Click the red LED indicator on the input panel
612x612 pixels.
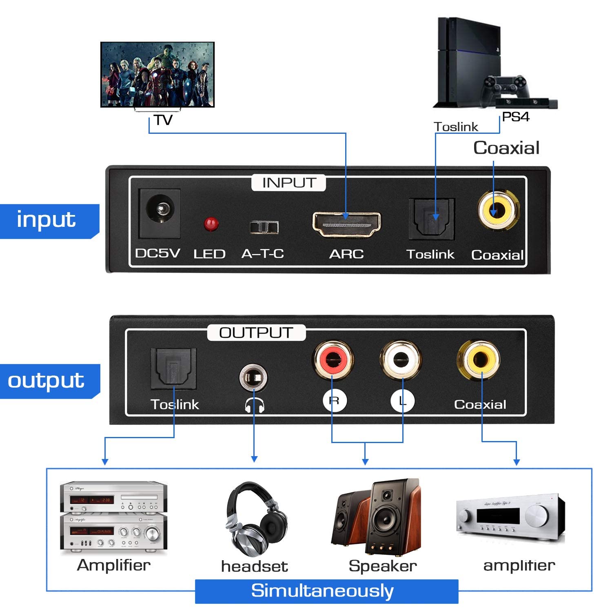click(x=211, y=224)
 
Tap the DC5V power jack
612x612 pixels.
click(x=160, y=213)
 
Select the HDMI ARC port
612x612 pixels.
click(x=346, y=224)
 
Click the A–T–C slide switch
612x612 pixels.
click(x=264, y=227)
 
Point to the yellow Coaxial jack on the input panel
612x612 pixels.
click(x=498, y=211)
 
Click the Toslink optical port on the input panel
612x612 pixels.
click(x=432, y=218)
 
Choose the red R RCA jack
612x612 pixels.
click(x=333, y=359)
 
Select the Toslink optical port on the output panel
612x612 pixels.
click(x=173, y=368)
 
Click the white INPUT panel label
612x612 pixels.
click(x=288, y=183)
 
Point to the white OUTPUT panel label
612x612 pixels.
click(x=256, y=333)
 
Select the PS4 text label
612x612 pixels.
click(x=515, y=117)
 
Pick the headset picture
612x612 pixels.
click(x=255, y=519)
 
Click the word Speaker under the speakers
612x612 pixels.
click(x=382, y=566)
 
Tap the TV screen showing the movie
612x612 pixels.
click(x=157, y=74)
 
